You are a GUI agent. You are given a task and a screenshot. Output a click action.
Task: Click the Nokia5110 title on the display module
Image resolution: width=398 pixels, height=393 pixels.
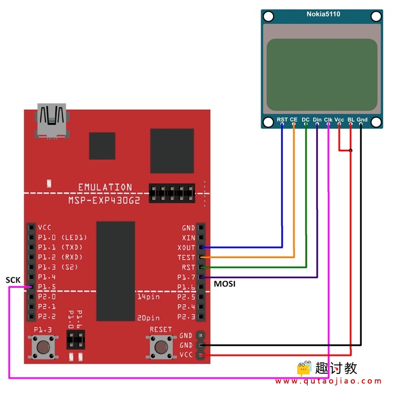tap(323, 14)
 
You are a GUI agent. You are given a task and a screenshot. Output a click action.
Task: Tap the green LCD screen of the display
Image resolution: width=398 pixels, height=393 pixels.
tap(322, 75)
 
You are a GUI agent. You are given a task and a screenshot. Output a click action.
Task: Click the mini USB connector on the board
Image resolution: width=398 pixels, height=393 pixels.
tap(52, 121)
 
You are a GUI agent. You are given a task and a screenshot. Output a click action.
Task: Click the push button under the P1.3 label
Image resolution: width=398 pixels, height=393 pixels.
tap(43, 347)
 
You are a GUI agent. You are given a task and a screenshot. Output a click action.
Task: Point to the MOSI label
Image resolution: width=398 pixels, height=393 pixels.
tap(224, 284)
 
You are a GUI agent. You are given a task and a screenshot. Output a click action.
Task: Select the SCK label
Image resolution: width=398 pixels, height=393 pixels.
tap(13, 280)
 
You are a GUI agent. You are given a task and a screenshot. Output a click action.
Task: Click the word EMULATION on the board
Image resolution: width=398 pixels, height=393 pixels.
tap(105, 187)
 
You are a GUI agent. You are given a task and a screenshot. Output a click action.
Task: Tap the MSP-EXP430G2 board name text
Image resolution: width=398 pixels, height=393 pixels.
tap(104, 200)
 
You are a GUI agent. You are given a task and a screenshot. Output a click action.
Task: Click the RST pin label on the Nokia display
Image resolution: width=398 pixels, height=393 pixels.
tap(282, 119)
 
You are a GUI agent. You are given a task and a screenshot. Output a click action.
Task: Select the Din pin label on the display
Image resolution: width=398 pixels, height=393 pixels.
tap(317, 119)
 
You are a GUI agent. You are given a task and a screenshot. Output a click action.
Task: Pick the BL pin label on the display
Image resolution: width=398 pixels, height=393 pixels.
tap(351, 119)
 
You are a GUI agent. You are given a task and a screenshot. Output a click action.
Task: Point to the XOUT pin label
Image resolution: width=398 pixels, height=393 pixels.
tap(186, 247)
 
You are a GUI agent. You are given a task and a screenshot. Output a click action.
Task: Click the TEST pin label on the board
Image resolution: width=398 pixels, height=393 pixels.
tap(186, 258)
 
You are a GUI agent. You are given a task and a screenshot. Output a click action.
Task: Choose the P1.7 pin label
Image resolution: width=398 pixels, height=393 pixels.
tap(186, 277)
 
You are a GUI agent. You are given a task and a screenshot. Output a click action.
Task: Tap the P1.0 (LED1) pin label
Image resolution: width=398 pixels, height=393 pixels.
tap(63, 237)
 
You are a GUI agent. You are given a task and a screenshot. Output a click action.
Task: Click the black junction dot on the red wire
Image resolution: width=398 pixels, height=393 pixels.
tap(351, 150)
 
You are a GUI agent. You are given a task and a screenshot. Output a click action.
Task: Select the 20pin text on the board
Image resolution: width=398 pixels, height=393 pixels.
tap(149, 318)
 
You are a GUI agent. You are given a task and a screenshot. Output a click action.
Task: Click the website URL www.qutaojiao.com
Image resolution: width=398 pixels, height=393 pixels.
tap(328, 381)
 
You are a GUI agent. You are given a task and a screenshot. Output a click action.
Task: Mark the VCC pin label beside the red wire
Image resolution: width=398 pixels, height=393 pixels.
tap(186, 355)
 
